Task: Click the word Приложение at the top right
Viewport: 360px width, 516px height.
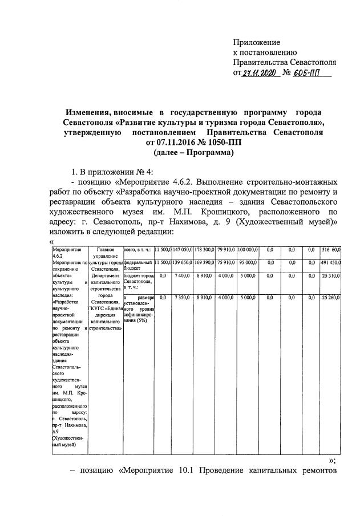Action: [257, 42]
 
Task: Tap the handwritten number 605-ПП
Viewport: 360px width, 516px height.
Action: [312, 73]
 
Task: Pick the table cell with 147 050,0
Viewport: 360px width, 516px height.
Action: [183, 250]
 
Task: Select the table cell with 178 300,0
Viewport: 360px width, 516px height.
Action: [204, 250]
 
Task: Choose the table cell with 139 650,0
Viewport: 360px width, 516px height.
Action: [183, 262]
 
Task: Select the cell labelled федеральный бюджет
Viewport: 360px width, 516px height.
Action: [137, 265]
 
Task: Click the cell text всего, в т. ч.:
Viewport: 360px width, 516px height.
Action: [137, 250]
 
